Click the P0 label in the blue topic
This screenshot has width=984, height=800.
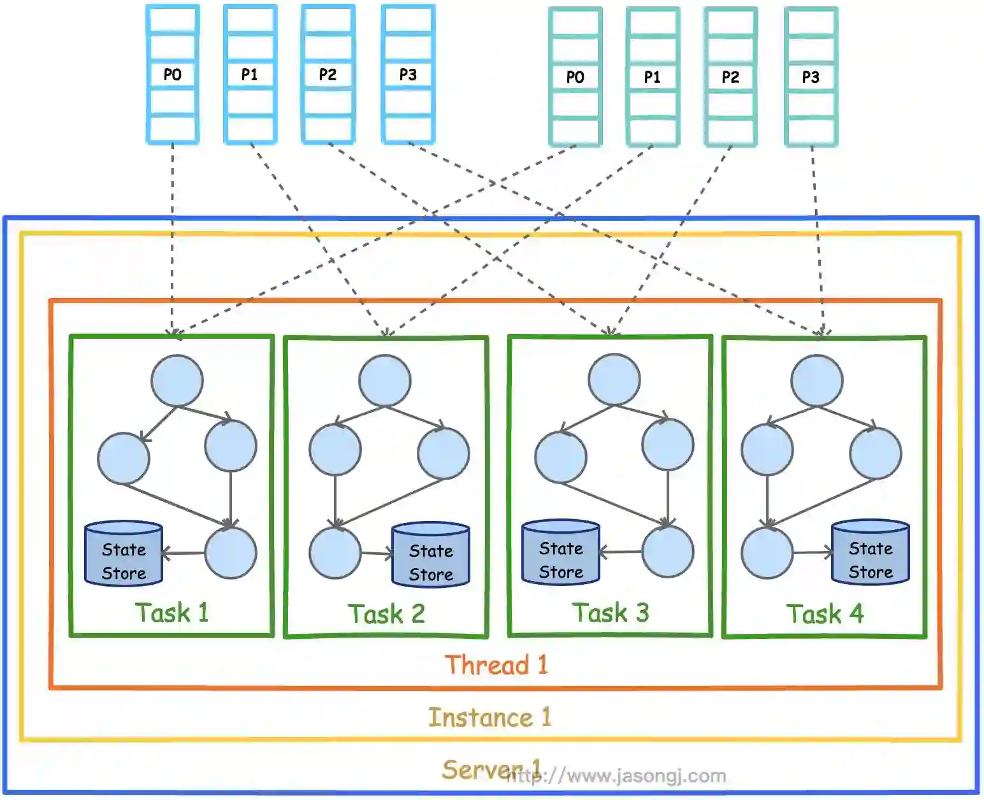pos(172,75)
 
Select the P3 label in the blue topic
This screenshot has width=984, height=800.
pos(408,75)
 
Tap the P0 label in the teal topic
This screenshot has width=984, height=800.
pos(575,76)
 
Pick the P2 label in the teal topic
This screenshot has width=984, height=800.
pos(730,76)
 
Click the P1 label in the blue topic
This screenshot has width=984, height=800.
pos(249,75)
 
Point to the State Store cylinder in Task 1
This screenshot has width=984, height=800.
pos(124,554)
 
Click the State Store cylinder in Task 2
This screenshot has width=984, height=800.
pos(431,555)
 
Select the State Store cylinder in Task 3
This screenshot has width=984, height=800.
pos(560,553)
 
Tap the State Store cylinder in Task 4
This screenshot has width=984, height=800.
pos(871,553)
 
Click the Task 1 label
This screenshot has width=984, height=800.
pos(172,613)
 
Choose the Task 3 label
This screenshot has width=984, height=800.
pos(611,613)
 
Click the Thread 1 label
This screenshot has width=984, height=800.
pos(496,665)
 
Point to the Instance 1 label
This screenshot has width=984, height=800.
pos(489,718)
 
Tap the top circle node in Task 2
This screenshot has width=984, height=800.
pos(385,381)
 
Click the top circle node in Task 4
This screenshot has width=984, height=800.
pos(817,381)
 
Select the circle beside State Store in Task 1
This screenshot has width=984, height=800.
pos(231,553)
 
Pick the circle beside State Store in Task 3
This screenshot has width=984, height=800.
pos(667,552)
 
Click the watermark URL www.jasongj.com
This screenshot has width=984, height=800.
pos(616,776)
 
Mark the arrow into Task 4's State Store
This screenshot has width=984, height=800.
pos(813,553)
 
